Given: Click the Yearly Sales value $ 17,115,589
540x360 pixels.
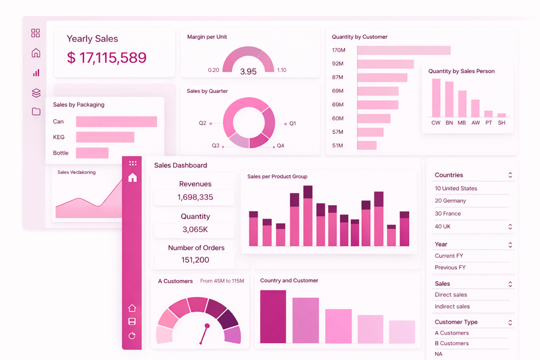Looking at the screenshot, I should coord(107,58).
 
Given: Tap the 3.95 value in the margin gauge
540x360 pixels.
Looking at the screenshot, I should coord(248,71).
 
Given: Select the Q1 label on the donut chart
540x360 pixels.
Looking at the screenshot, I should coord(293,124).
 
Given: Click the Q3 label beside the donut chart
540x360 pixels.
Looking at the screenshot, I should coord(215,146).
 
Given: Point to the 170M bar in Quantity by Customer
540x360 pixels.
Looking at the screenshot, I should coord(403,50).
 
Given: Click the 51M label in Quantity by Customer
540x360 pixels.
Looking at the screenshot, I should coord(338,146).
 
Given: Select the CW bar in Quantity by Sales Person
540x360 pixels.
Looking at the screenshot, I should coord(436,98).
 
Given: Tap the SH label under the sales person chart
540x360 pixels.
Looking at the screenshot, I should coord(502,123).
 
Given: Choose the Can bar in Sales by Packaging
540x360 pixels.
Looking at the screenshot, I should coord(116,122).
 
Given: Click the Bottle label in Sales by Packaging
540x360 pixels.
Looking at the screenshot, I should coord(61,153).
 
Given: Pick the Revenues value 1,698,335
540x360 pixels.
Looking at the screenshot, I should coord(195,197).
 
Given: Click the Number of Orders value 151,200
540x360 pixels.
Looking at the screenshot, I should coord(195,260).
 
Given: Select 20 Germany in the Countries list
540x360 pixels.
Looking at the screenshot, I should coord(450,201).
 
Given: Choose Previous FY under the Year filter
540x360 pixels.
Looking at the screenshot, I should coord(450,268).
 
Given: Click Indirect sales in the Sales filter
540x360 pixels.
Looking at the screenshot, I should coord(452,307).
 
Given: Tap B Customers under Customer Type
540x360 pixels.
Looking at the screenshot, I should coord(452,344).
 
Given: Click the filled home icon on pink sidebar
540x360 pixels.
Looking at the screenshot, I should coord(133,178).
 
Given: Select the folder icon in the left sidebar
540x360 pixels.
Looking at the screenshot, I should coord(36,112).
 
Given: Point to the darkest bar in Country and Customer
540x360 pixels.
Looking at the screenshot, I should coord(273,317).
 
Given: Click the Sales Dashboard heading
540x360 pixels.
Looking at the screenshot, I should coord(181,166).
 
